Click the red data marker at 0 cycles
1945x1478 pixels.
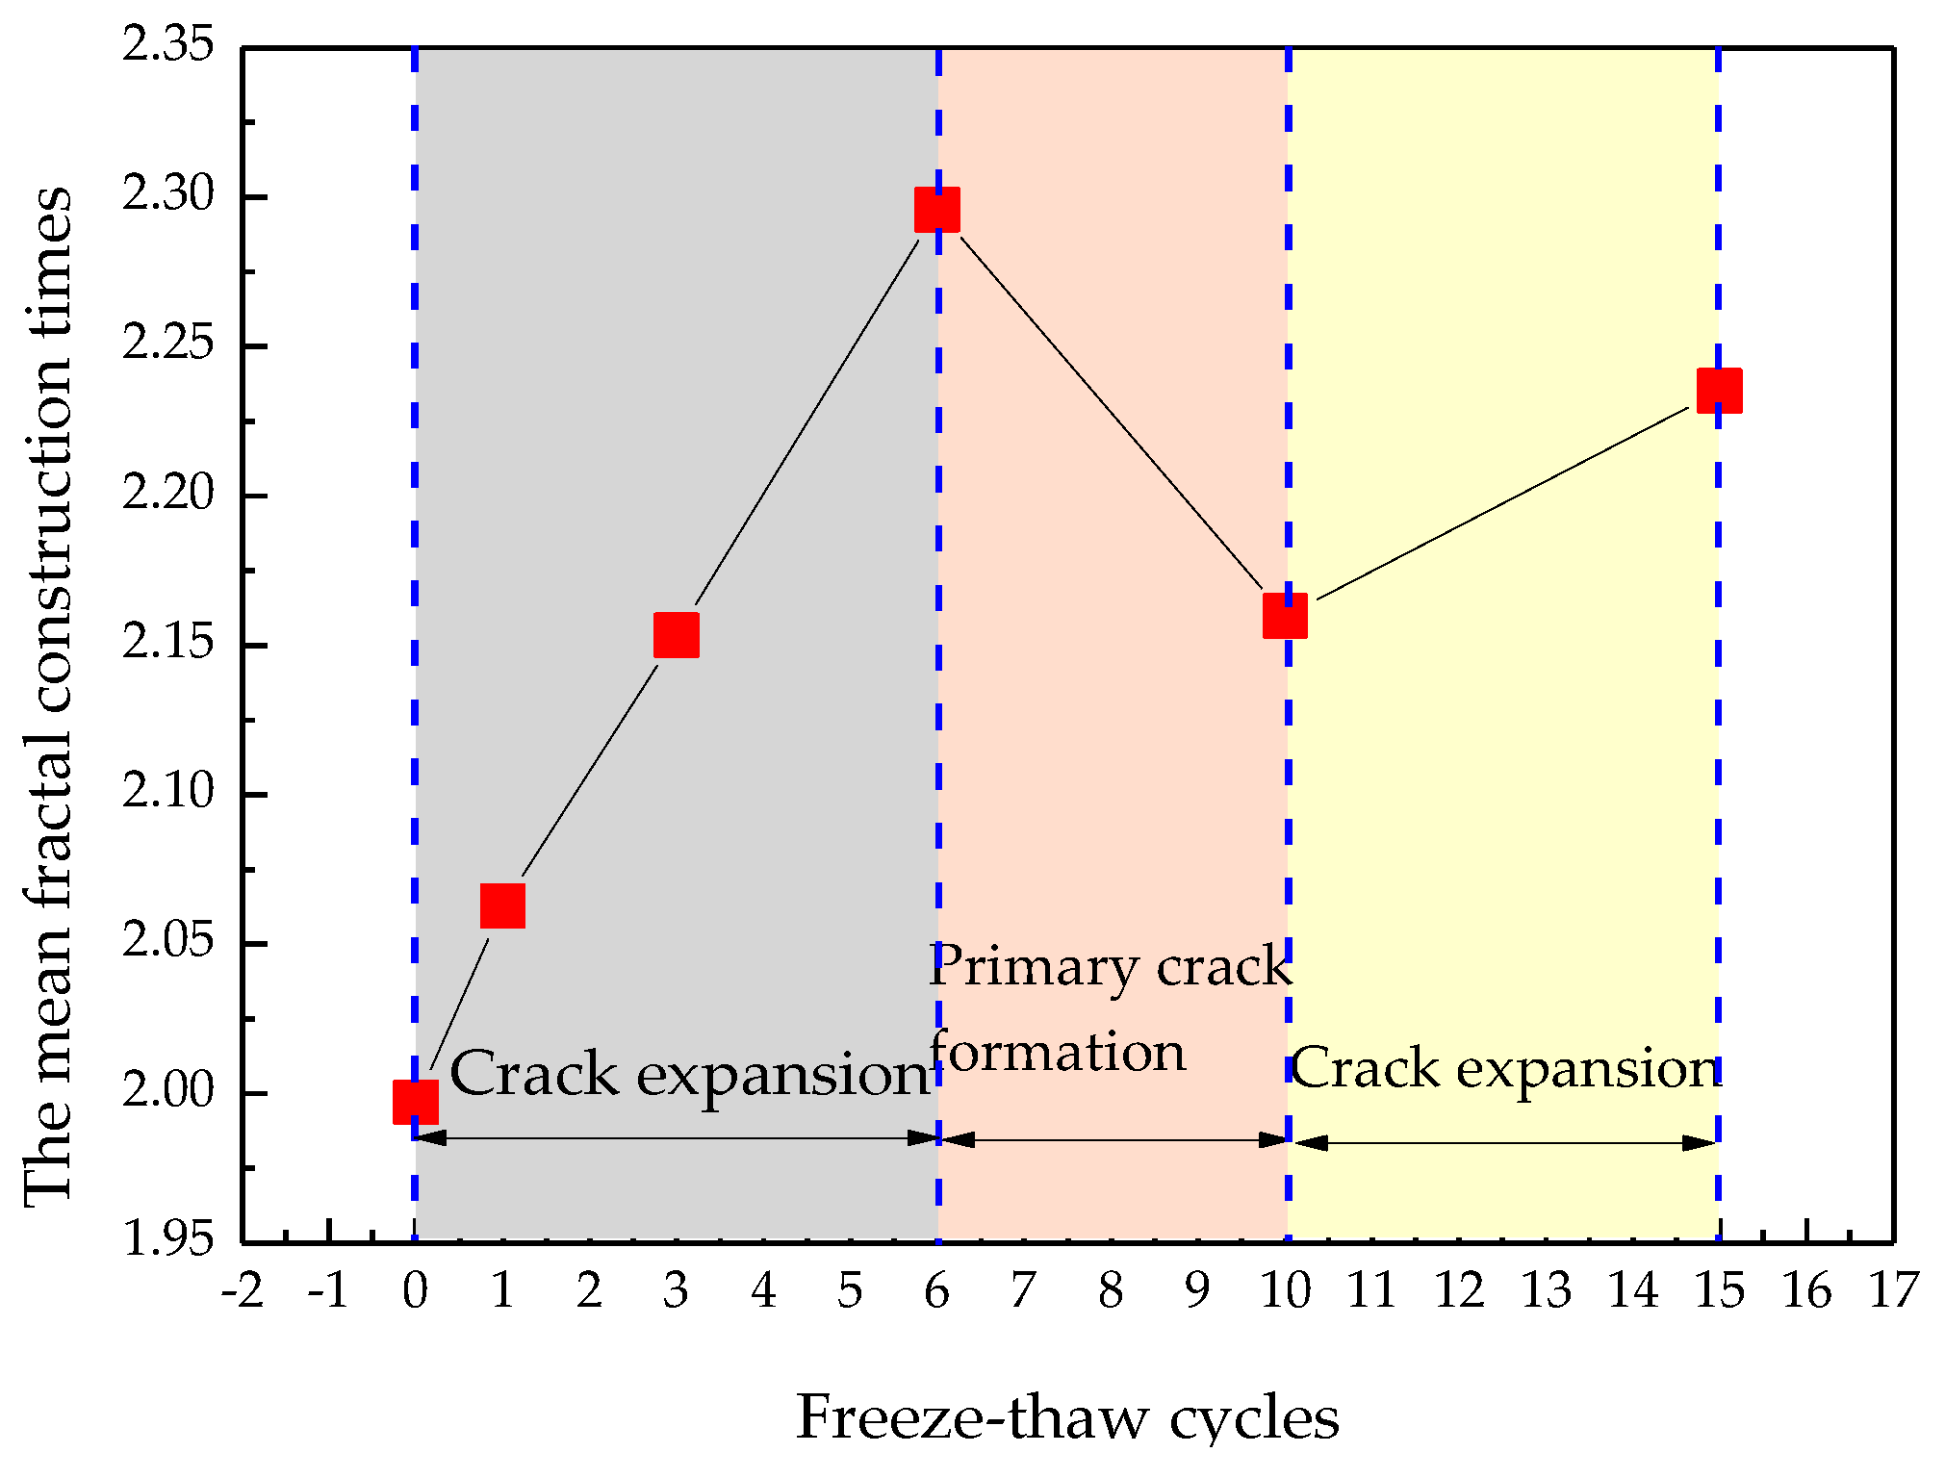(x=415, y=1102)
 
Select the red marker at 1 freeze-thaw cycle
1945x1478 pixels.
(x=502, y=906)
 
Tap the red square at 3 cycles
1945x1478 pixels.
(x=677, y=635)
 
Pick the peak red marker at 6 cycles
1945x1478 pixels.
(x=937, y=210)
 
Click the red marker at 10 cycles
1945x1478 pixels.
(x=1286, y=616)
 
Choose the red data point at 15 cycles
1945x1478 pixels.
(x=1719, y=390)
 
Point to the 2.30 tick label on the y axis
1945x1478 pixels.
(x=167, y=194)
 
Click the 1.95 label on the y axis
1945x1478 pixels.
(x=167, y=1239)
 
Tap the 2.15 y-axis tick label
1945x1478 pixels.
(x=167, y=643)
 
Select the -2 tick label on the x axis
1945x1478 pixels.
(x=242, y=1291)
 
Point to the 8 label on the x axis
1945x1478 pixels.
(x=1111, y=1291)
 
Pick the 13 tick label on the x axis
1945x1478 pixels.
(x=1546, y=1291)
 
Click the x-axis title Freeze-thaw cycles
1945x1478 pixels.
(x=1067, y=1418)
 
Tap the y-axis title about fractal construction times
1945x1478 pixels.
(x=48, y=697)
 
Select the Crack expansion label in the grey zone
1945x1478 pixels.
(x=689, y=1073)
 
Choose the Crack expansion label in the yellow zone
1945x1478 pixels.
(x=1505, y=1068)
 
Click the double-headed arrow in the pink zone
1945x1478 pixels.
(x=1113, y=1140)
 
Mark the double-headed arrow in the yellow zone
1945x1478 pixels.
(x=1504, y=1143)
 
